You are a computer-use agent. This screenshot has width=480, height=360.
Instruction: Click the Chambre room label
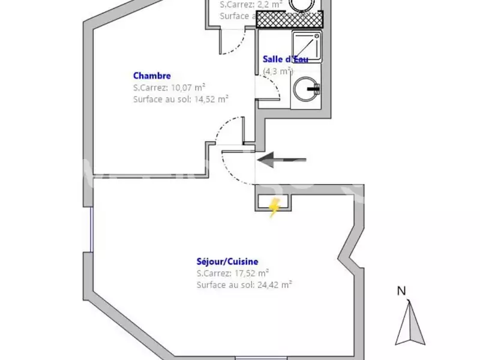[x=152, y=76]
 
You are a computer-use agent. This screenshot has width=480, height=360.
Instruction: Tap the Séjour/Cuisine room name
[x=227, y=262]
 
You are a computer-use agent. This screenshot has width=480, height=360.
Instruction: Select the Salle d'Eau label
[x=286, y=59]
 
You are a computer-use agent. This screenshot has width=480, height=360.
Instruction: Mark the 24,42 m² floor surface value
[x=272, y=285]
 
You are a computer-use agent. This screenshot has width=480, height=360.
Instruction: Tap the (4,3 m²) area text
[x=278, y=71]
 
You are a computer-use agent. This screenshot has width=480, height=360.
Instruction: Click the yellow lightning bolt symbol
[x=274, y=208]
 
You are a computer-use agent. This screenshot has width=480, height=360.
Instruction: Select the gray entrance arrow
[x=282, y=160]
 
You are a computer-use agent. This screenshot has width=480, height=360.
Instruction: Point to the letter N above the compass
[x=401, y=292]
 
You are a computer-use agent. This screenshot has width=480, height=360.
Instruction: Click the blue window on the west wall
[x=91, y=230]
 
